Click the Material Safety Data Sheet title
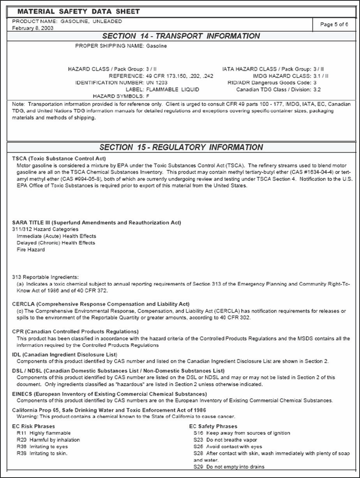pos(78,12)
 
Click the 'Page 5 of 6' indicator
pos(334,25)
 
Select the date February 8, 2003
pos(33,28)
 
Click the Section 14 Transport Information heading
pos(181,36)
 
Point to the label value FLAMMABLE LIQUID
pos(173,89)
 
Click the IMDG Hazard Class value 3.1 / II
pos(321,76)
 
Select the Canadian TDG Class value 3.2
pos(317,90)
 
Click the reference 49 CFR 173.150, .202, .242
pos(180,76)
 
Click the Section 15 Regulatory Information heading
pos(181,147)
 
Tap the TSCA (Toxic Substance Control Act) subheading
pos(59,159)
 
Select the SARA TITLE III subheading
pos(96,223)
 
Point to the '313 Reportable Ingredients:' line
pos(45,277)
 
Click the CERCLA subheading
pos(101,304)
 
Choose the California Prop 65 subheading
pos(109,410)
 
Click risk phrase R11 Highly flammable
pos(44,433)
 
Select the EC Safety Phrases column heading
pos(213,426)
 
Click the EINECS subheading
pos(109,394)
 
